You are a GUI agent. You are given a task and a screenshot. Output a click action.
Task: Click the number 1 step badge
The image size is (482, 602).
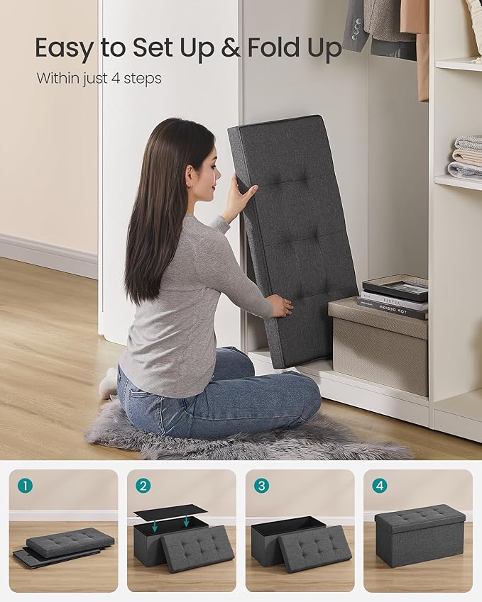(26, 486)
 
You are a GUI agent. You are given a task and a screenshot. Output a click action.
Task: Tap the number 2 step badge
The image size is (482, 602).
(144, 486)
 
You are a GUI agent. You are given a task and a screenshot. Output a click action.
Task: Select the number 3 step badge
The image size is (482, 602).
(263, 486)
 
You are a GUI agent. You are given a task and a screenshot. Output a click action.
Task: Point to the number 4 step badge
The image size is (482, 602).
(380, 486)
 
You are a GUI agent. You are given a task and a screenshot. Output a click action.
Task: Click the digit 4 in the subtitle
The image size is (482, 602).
(115, 78)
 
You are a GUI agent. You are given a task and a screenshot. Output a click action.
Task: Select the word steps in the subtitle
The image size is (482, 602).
(141, 79)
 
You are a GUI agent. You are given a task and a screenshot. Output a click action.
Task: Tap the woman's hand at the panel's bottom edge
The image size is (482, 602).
(281, 306)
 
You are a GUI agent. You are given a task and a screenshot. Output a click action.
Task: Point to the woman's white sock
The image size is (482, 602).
(109, 384)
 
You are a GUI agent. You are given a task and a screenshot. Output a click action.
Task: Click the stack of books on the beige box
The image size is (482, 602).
(394, 296)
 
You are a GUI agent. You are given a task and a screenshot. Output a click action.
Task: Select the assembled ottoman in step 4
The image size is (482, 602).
(420, 535)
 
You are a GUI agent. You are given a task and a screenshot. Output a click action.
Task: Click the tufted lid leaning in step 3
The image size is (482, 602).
(315, 548)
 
